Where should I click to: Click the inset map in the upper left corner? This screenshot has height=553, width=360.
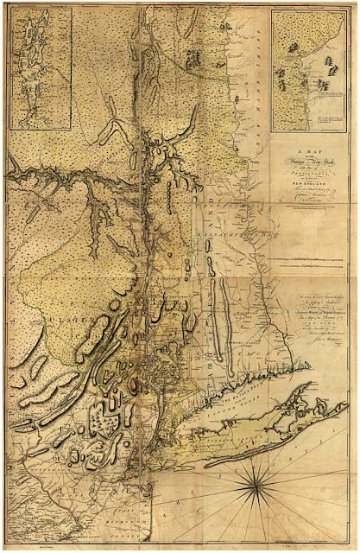[41, 69]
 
